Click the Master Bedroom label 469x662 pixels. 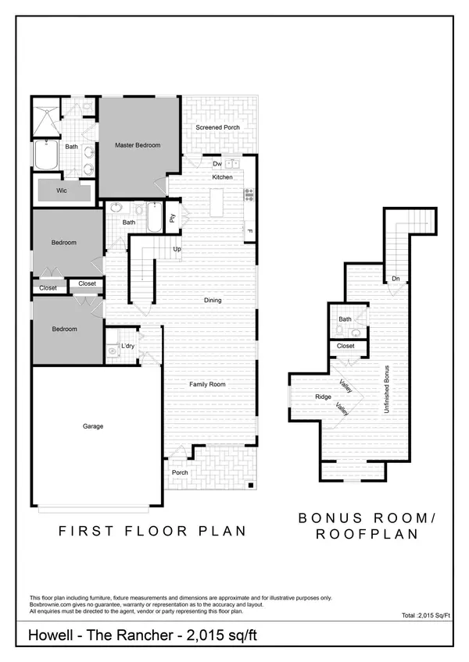pyautogui.click(x=138, y=145)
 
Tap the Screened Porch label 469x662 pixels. pyautogui.click(x=217, y=127)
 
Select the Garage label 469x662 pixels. pyautogui.click(x=93, y=426)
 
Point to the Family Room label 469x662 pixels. pyautogui.click(x=207, y=384)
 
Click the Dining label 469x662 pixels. pyautogui.click(x=213, y=301)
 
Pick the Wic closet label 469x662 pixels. pyautogui.click(x=62, y=190)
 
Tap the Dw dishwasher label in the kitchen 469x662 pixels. pyautogui.click(x=217, y=164)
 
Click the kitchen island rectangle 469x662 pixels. pyautogui.click(x=217, y=202)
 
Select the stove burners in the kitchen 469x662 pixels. pyautogui.click(x=249, y=194)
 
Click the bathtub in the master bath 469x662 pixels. pyautogui.click(x=45, y=155)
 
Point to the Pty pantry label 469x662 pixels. pyautogui.click(x=172, y=219)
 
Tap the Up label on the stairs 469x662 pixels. pyautogui.click(x=177, y=249)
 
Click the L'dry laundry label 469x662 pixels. pyautogui.click(x=127, y=346)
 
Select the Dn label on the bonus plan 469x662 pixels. pyautogui.click(x=396, y=279)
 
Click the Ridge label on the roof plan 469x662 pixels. pyautogui.click(x=323, y=397)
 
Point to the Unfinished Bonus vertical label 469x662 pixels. pyautogui.click(x=386, y=390)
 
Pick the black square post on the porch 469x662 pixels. pyautogui.click(x=251, y=485)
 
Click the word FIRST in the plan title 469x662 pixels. pyautogui.click(x=86, y=531)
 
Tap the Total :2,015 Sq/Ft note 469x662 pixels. pyautogui.click(x=426, y=616)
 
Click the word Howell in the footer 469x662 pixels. pyautogui.click(x=50, y=635)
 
